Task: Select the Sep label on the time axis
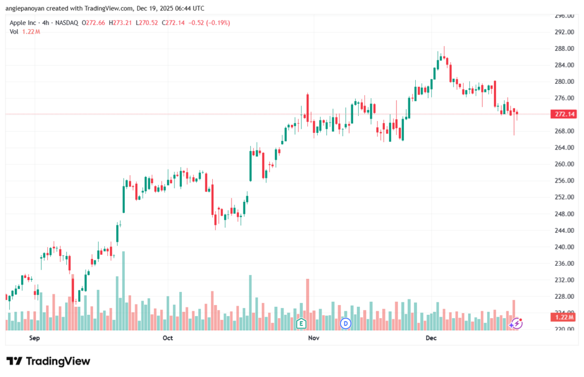35,338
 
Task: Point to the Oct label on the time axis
167,338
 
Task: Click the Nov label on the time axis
313,338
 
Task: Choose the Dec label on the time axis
431,338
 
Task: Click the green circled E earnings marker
301,323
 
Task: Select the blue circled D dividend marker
344,323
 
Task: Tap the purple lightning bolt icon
516,323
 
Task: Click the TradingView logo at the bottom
48,361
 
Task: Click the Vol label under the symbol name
14,31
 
